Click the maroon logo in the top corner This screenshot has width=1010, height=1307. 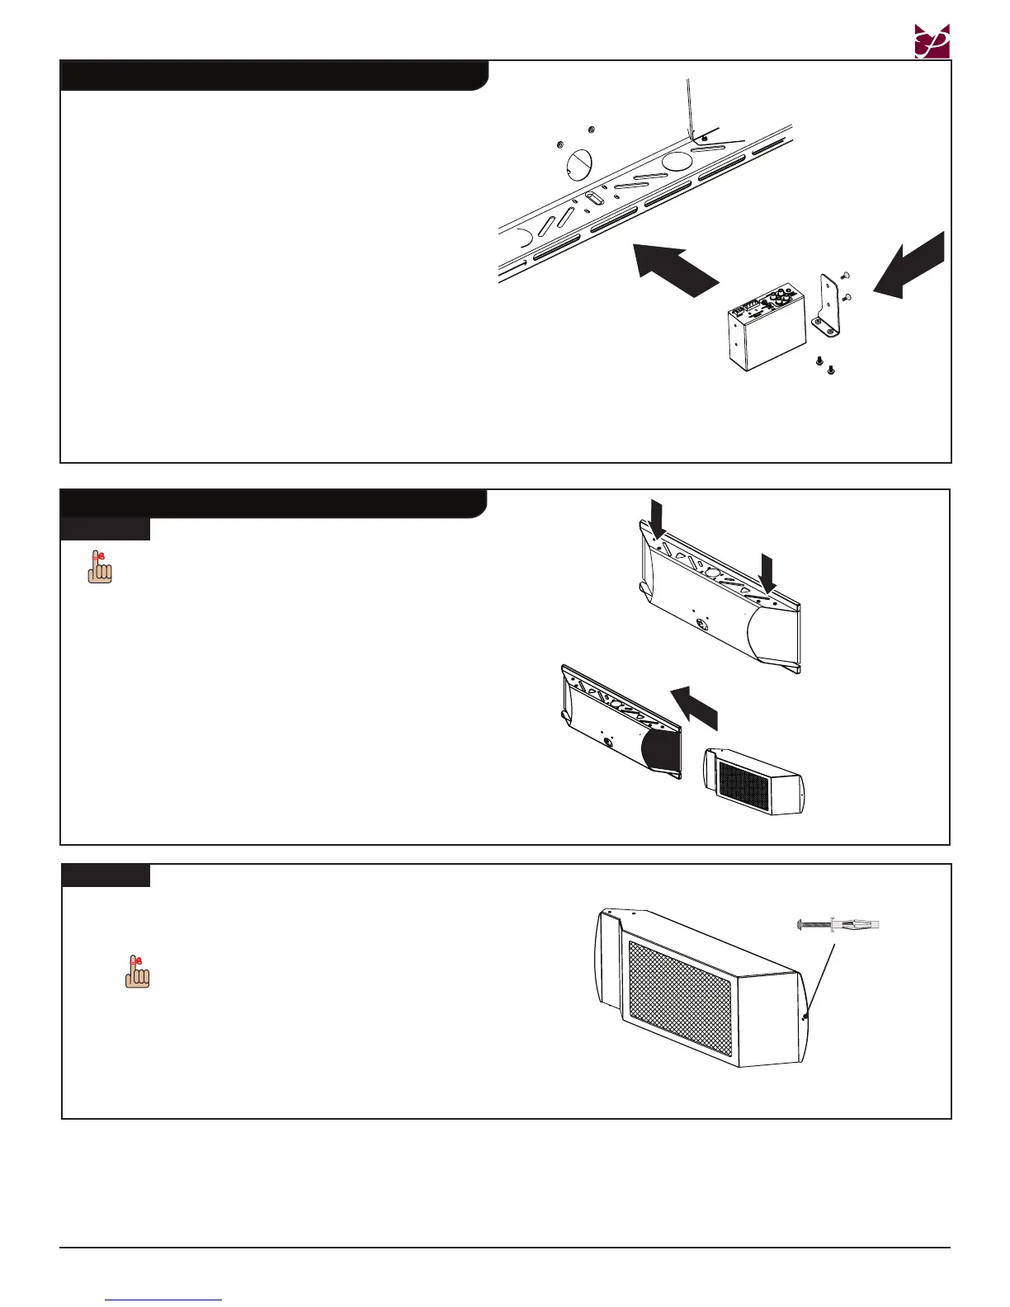pyautogui.click(x=932, y=41)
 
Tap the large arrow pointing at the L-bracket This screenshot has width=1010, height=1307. pyautogui.click(x=909, y=265)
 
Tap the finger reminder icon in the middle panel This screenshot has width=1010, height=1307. pyautogui.click(x=100, y=569)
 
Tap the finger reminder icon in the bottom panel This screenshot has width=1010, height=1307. pyautogui.click(x=138, y=971)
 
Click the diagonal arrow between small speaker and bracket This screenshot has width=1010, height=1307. pyautogui.click(x=693, y=707)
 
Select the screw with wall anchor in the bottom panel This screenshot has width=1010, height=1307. pyautogui.click(x=838, y=923)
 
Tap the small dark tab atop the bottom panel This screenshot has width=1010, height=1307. pyautogui.click(x=106, y=875)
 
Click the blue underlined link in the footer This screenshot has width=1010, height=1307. pyautogui.click(x=164, y=1299)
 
